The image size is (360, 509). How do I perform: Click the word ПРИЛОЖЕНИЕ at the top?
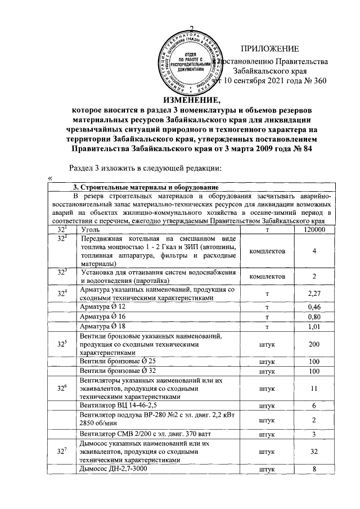click(x=269, y=49)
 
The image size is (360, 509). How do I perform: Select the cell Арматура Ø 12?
click(x=103, y=307)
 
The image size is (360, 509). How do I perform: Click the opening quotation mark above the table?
click(x=51, y=178)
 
